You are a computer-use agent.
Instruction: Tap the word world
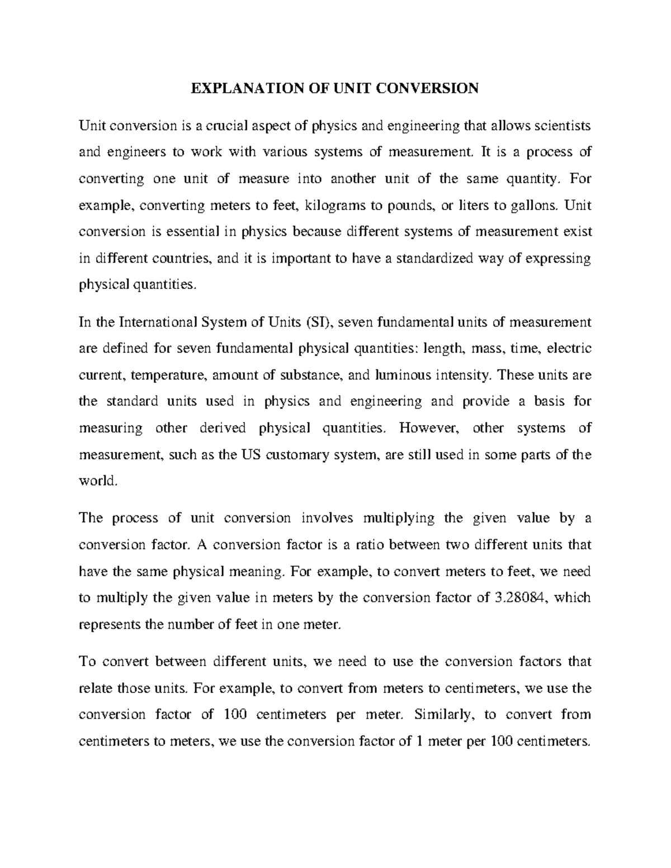[98, 481]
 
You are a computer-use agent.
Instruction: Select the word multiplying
[399, 518]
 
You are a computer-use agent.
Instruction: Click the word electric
[569, 349]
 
